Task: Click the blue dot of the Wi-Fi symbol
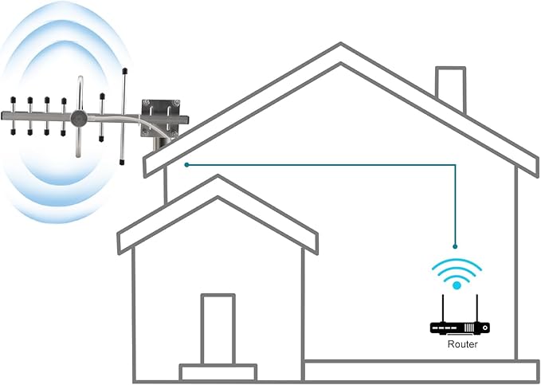[x=457, y=285]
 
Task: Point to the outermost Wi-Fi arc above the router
[x=457, y=261]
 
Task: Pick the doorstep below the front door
[x=218, y=372]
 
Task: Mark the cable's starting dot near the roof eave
[x=186, y=165]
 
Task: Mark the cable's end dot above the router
[x=455, y=246]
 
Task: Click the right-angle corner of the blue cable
[x=455, y=166]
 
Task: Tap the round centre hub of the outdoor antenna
[x=79, y=118]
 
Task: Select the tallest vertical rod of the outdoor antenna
[x=123, y=116]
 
